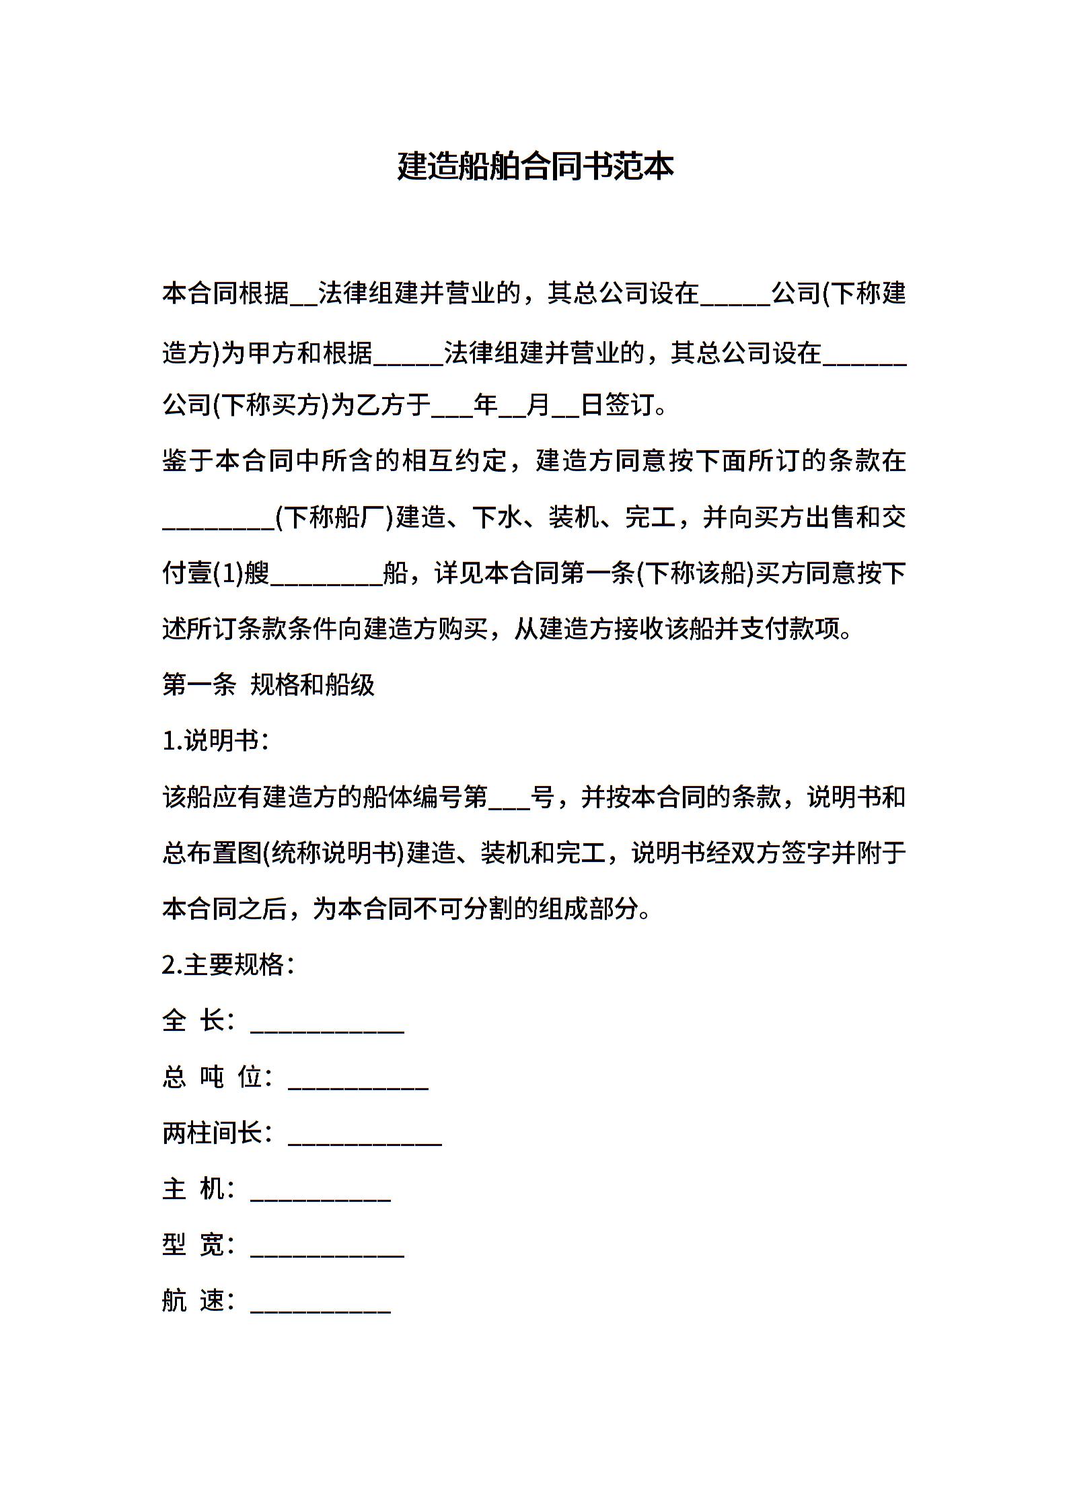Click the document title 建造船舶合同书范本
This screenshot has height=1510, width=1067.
click(x=535, y=166)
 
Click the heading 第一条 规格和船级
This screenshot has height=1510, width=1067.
click(x=268, y=685)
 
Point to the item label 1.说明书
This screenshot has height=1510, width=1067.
click(x=214, y=741)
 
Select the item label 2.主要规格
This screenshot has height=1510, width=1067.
click(x=227, y=965)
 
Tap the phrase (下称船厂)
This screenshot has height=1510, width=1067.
click(x=334, y=517)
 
